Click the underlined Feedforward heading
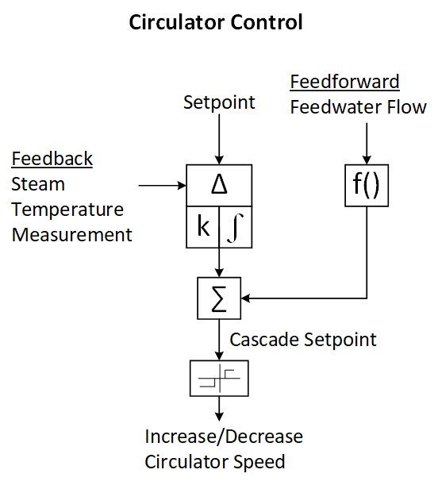344,82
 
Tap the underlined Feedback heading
52,159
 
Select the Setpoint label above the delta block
219,102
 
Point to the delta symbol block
219,185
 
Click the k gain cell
203,227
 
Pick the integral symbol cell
236,227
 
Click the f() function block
367,185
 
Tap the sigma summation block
219,298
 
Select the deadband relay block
219,378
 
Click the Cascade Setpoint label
303,340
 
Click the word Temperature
67,210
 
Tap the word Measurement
71,235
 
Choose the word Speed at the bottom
259,462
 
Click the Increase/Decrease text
224,437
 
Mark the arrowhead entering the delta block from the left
182,186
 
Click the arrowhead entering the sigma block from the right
245,298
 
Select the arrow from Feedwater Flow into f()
367,144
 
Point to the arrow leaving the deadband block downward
219,409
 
